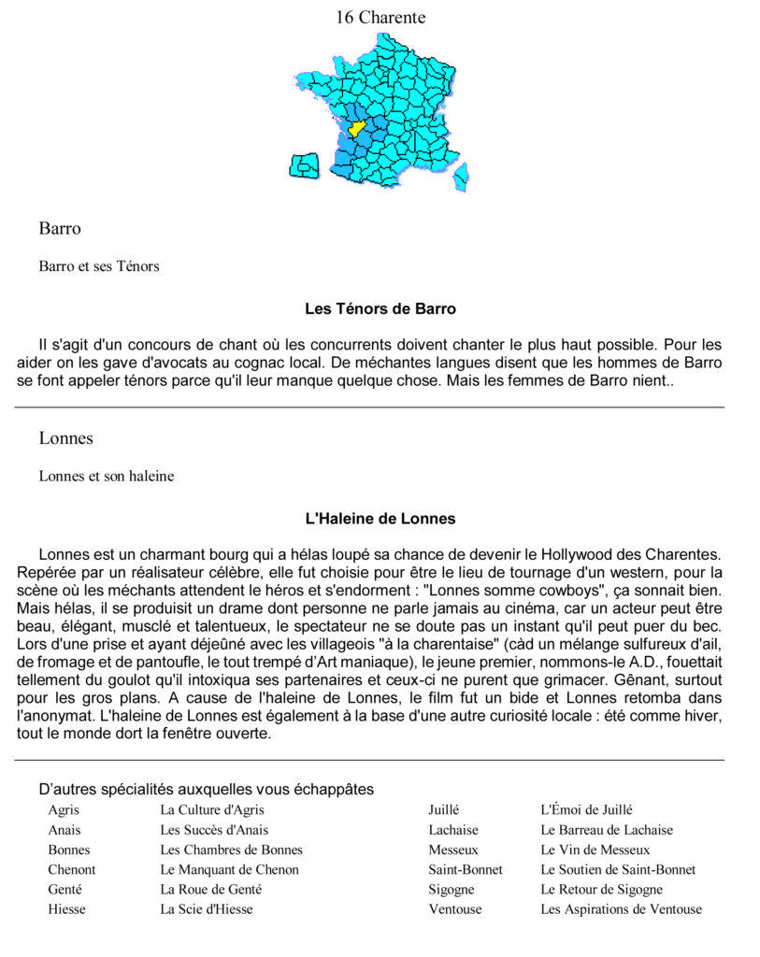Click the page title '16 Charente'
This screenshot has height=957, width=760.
click(380, 18)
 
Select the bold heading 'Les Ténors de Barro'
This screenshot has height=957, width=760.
click(380, 308)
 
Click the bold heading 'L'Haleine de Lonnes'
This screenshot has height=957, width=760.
click(380, 518)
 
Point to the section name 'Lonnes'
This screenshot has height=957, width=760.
click(66, 438)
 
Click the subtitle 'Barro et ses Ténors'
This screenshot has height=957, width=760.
click(99, 266)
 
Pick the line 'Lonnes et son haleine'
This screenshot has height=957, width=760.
click(107, 476)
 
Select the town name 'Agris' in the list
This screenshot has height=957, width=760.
click(64, 810)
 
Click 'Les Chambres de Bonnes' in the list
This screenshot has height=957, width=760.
click(231, 850)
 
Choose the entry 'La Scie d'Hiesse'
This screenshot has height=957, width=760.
click(206, 908)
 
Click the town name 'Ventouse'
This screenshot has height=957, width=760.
click(455, 908)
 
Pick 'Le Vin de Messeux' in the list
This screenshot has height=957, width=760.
click(595, 850)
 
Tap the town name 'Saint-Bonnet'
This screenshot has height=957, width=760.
click(466, 869)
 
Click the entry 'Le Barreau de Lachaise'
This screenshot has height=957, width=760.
click(606, 830)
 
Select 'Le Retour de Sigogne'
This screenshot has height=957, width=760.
click(601, 889)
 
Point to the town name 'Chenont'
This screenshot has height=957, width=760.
click(72, 869)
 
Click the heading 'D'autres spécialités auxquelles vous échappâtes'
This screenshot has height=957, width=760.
click(207, 790)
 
